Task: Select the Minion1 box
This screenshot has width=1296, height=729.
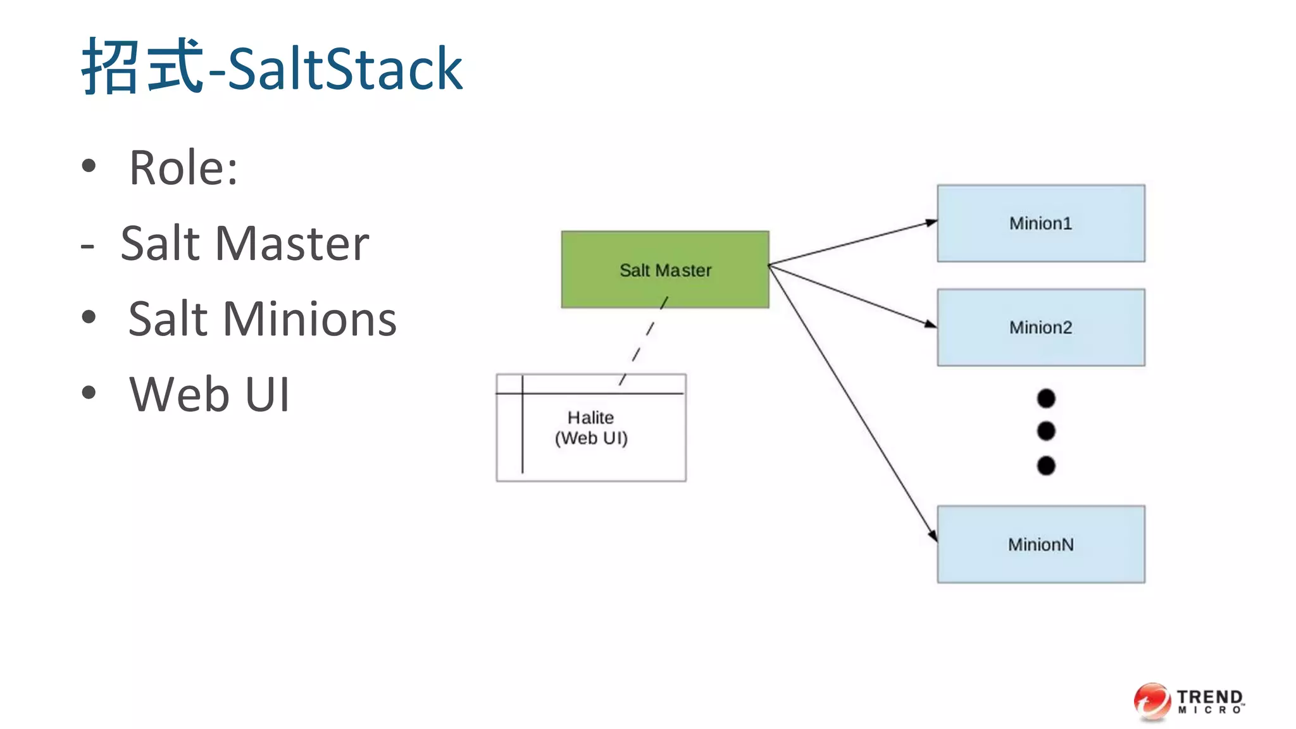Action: pyautogui.click(x=1040, y=223)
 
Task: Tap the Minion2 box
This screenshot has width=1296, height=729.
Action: pyautogui.click(x=1040, y=327)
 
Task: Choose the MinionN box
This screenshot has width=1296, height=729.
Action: pyautogui.click(x=1040, y=544)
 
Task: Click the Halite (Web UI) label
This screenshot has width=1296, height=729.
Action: pyautogui.click(x=591, y=428)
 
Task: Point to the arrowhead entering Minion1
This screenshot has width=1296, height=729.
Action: pyautogui.click(x=931, y=222)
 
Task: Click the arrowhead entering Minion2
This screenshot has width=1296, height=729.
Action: pyautogui.click(x=930, y=324)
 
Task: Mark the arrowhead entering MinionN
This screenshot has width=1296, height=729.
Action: pyautogui.click(x=933, y=536)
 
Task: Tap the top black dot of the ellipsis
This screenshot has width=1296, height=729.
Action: pyautogui.click(x=1046, y=398)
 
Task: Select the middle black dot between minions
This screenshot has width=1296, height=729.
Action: pyautogui.click(x=1046, y=431)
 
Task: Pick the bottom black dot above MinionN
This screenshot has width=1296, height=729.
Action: pyautogui.click(x=1046, y=466)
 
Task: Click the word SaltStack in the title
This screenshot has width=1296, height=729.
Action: pyautogui.click(x=345, y=69)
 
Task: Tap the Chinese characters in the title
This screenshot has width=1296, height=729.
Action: pyautogui.click(x=142, y=66)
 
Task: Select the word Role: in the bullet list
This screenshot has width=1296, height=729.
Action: pyautogui.click(x=184, y=168)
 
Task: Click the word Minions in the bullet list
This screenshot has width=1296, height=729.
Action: pyautogui.click(x=309, y=319)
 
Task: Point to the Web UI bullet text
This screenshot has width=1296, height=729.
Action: pyautogui.click(x=209, y=394)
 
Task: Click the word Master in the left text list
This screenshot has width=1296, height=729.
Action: pyautogui.click(x=292, y=244)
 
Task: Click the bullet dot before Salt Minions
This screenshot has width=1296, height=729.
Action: pyautogui.click(x=89, y=317)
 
